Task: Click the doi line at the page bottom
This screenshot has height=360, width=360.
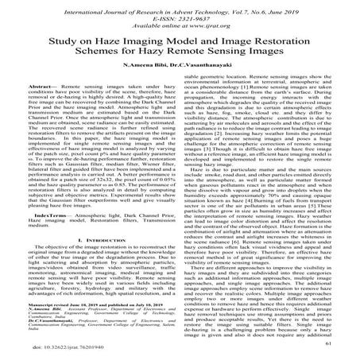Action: click(67, 349)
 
